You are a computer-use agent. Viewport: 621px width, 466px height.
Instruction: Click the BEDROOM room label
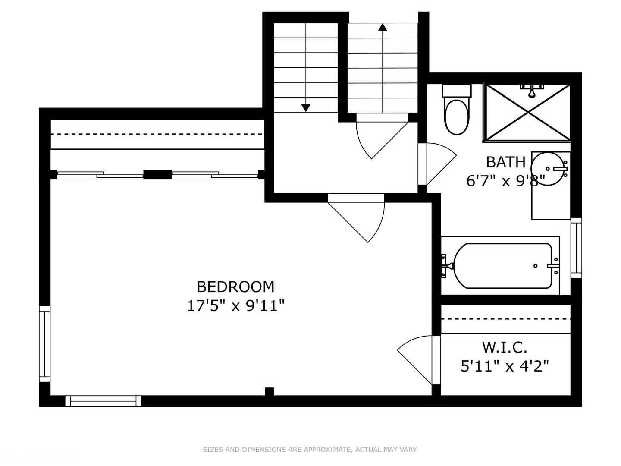(235, 287)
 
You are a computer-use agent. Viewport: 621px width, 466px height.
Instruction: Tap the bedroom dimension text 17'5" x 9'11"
(235, 306)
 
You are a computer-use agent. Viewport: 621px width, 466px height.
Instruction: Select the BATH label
(505, 162)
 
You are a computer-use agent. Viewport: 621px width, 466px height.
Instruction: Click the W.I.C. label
(505, 347)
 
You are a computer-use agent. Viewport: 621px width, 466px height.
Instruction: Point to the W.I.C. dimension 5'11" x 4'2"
(505, 366)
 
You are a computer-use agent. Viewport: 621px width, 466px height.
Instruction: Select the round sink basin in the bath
(548, 169)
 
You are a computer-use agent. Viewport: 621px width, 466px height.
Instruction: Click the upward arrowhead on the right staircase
(383, 28)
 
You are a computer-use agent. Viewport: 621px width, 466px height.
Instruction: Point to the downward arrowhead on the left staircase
(306, 108)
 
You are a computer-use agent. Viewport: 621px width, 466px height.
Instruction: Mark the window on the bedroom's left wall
(45, 344)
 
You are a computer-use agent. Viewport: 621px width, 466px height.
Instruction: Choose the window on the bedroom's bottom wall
(103, 401)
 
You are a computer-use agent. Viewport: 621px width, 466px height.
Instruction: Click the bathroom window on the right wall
(576, 248)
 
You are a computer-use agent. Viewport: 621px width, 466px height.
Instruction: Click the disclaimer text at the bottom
(310, 450)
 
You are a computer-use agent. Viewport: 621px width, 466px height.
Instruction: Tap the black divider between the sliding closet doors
(157, 175)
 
